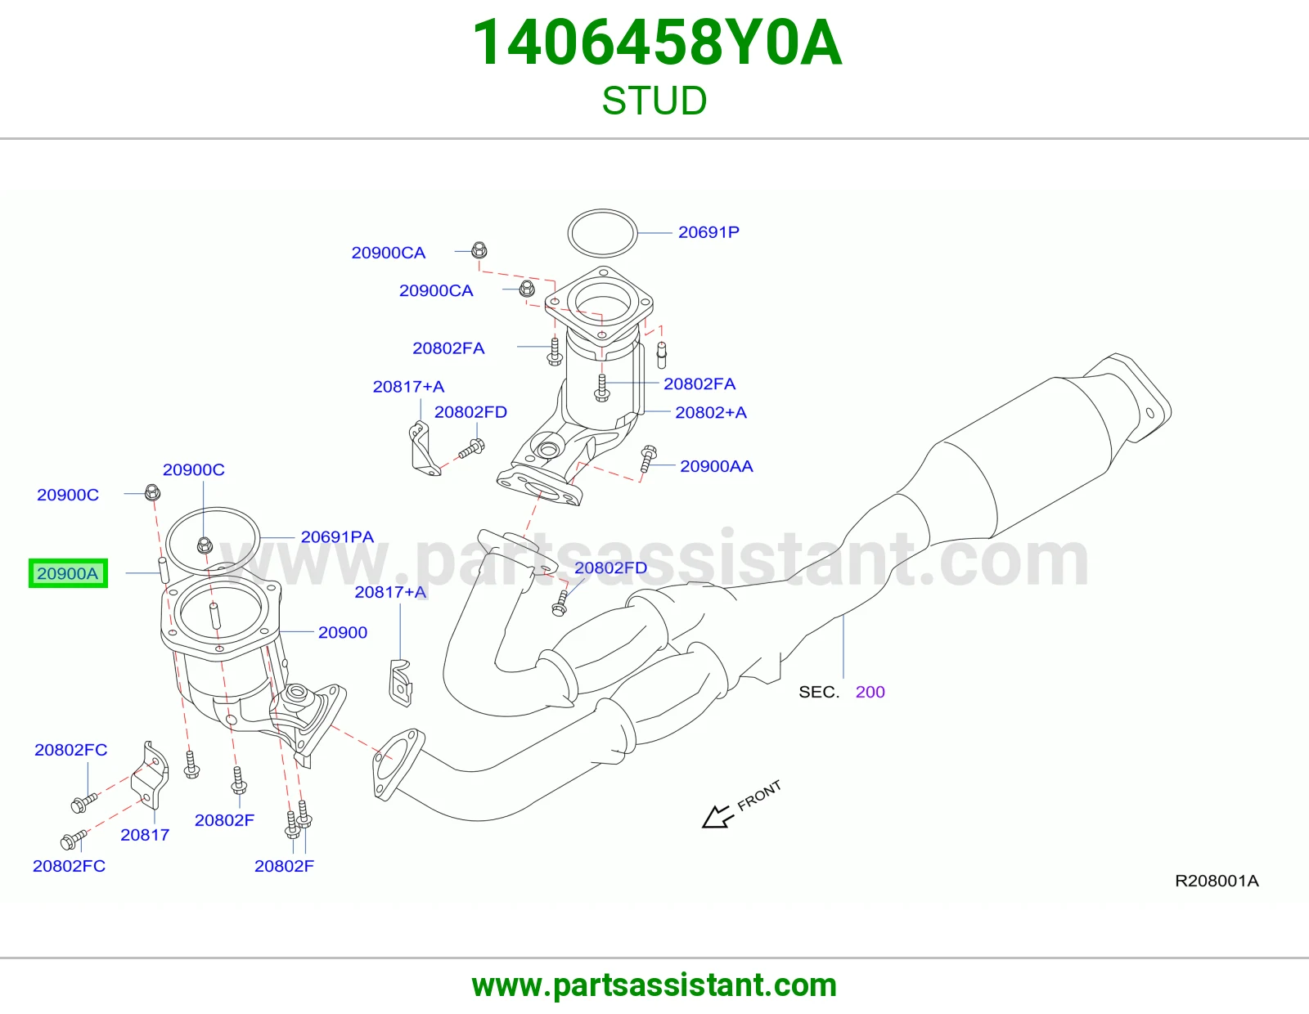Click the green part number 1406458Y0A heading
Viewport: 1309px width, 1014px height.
(657, 43)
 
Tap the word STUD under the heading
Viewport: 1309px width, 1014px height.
(654, 101)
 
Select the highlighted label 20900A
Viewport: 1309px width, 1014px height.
(67, 573)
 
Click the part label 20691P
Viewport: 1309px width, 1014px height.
(708, 232)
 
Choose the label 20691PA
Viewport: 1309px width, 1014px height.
(337, 536)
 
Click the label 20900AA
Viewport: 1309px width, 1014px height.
(716, 466)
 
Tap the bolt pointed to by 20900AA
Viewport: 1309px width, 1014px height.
(648, 459)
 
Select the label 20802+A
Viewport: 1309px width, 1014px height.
(711, 412)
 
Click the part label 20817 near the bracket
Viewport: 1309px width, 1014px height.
(145, 835)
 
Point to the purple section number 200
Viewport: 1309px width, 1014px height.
(870, 692)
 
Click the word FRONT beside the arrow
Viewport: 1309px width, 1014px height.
(759, 796)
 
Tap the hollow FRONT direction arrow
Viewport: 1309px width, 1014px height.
(717, 817)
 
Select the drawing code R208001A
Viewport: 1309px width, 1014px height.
(1217, 881)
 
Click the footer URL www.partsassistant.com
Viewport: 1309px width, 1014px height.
(654, 985)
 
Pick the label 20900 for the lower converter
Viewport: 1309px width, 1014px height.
(342, 632)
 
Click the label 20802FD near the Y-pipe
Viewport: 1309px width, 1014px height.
(610, 568)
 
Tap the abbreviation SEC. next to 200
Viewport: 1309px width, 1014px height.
(819, 692)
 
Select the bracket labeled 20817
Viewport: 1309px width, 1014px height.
(150, 775)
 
